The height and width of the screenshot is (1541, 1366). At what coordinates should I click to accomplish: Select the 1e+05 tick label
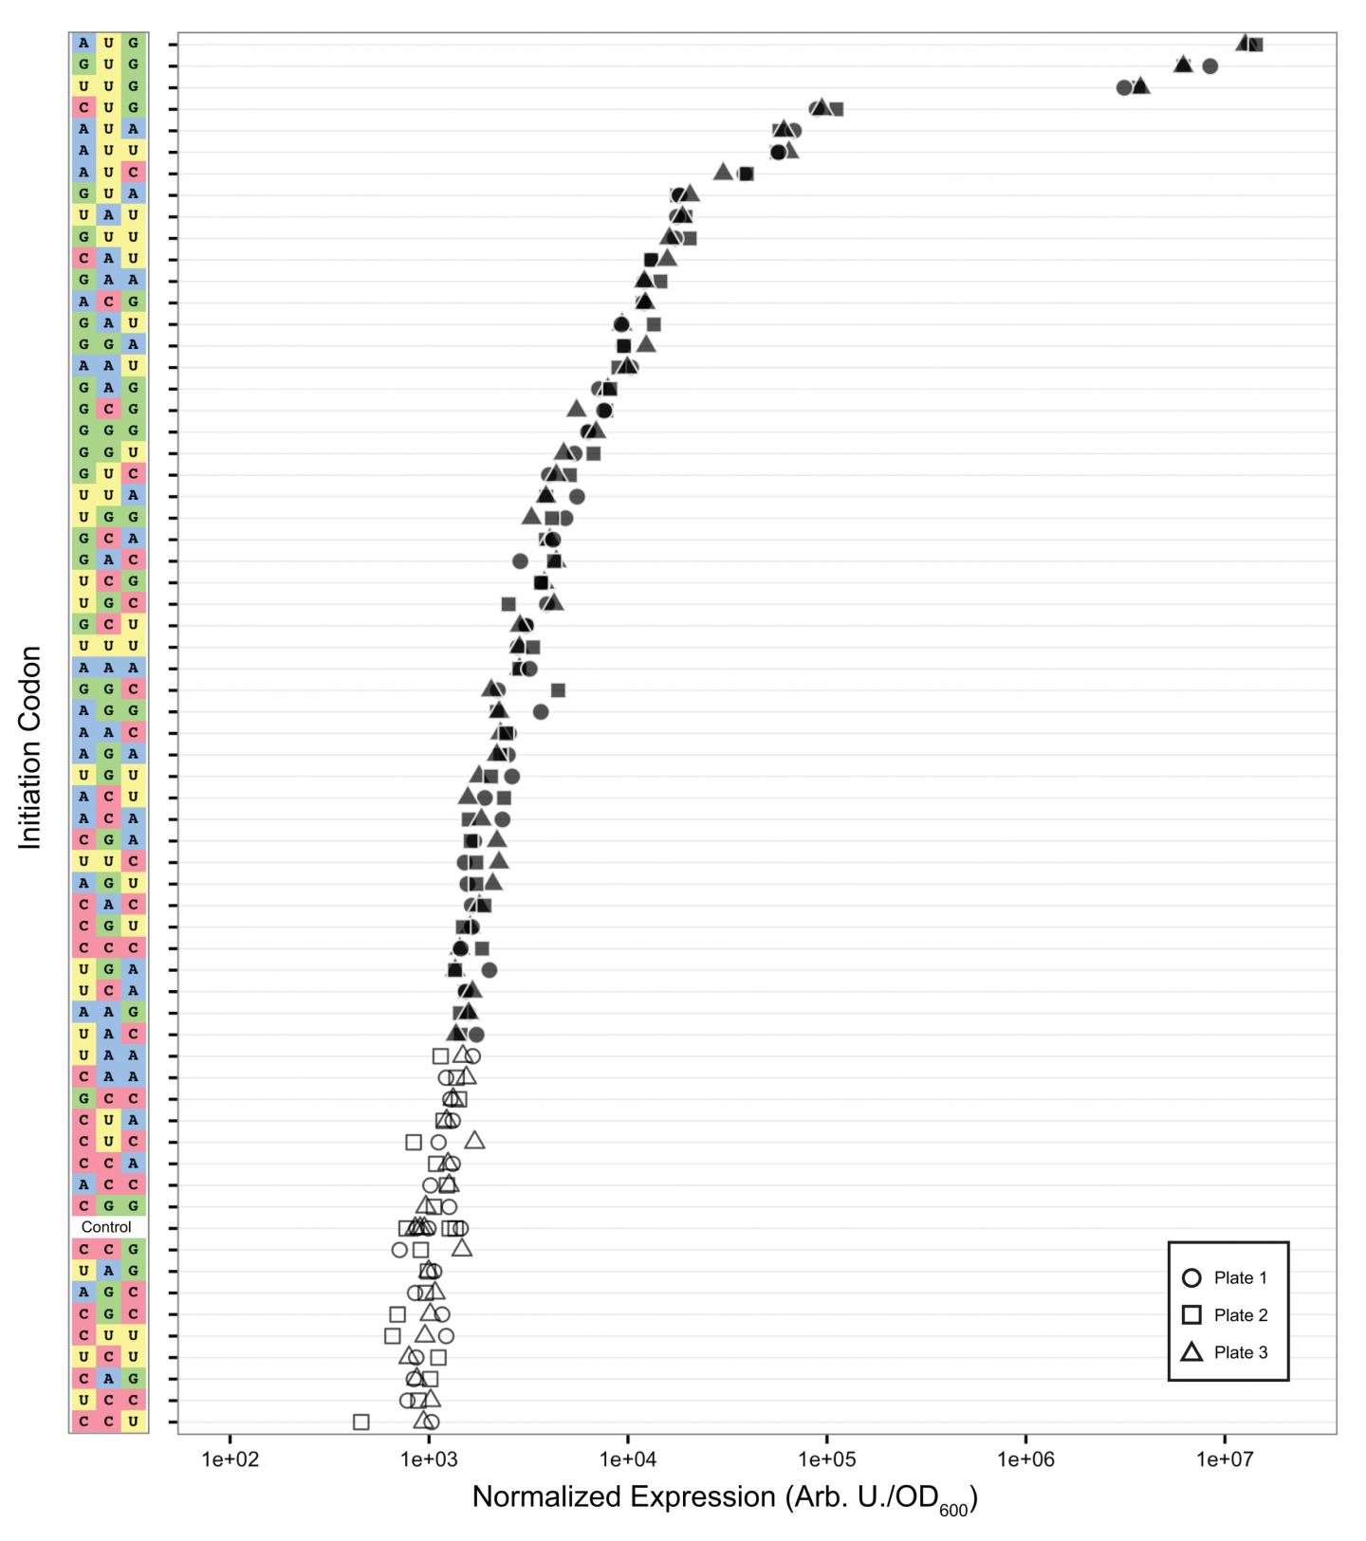pyautogui.click(x=826, y=1458)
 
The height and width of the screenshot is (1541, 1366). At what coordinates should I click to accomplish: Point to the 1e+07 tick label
pyautogui.click(x=1224, y=1458)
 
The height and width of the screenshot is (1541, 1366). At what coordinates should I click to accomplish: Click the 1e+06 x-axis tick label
pyautogui.click(x=1025, y=1458)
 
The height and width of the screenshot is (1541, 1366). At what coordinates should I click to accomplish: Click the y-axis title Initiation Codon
pyautogui.click(x=30, y=747)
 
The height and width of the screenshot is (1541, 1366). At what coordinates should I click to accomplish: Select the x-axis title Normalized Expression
pyautogui.click(x=725, y=1497)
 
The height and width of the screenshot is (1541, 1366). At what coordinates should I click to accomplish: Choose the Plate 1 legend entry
pyautogui.click(x=1228, y=1278)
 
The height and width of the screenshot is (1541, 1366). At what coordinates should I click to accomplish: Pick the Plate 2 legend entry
pyautogui.click(x=1228, y=1315)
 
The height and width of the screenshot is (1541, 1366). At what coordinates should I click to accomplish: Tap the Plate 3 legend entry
pyautogui.click(x=1228, y=1352)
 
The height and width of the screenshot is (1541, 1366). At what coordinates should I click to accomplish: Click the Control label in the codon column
pyautogui.click(x=107, y=1227)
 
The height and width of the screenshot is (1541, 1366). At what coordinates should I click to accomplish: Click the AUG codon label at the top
pyautogui.click(x=108, y=43)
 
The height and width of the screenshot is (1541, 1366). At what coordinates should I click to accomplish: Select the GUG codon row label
pyautogui.click(x=108, y=64)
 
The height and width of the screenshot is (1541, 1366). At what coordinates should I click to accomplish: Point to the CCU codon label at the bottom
pyautogui.click(x=108, y=1422)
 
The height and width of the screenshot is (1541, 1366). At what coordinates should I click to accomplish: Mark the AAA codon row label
pyautogui.click(x=108, y=668)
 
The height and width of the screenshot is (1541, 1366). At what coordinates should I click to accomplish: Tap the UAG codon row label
pyautogui.click(x=108, y=1271)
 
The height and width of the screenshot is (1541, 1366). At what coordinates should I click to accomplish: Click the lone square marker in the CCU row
pyautogui.click(x=360, y=1422)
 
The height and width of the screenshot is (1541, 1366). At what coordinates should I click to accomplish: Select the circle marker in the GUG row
pyautogui.click(x=1209, y=65)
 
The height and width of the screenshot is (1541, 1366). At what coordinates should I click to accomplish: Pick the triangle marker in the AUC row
pyautogui.click(x=722, y=172)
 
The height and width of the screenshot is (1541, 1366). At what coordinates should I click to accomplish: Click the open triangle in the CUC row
pyautogui.click(x=474, y=1140)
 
